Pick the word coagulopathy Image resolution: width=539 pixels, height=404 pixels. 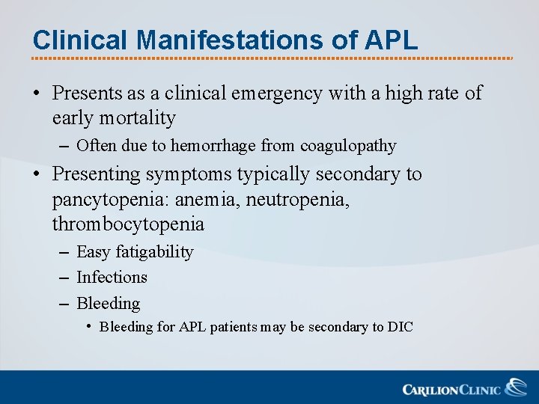(349, 145)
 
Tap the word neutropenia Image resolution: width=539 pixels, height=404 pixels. (308, 199)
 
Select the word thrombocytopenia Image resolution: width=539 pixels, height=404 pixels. (128, 224)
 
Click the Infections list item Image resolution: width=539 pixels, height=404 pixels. (112, 277)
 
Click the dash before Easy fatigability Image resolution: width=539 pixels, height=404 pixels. (63, 253)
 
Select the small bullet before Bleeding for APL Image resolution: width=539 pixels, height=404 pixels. (88, 327)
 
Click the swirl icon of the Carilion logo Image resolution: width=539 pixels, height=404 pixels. (515, 387)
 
